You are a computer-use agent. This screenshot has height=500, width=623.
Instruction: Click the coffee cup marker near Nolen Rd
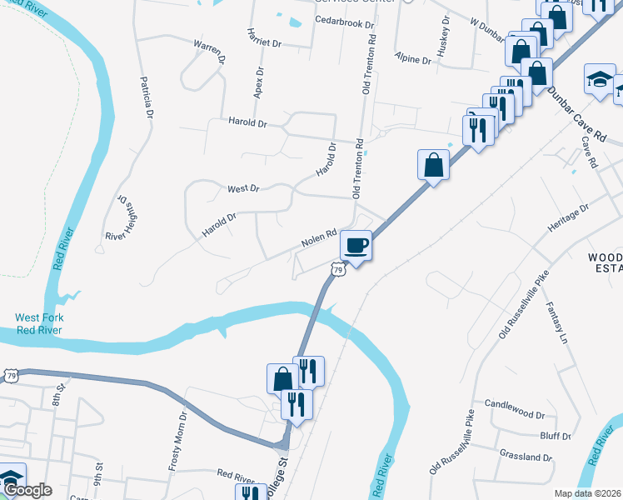(x=356, y=246)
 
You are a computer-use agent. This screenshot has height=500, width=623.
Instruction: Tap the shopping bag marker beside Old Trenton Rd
(x=434, y=165)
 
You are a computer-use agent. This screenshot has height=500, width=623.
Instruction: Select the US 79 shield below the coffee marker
(x=337, y=269)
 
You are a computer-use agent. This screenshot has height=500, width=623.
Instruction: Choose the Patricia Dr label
(x=148, y=97)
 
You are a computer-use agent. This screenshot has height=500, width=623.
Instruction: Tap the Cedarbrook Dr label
(x=344, y=23)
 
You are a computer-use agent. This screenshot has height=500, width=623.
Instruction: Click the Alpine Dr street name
(x=414, y=61)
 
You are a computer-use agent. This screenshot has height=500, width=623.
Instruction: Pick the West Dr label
(x=244, y=189)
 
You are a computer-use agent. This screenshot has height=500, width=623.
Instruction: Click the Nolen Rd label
(x=318, y=238)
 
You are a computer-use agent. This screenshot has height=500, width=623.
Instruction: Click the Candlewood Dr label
(x=514, y=414)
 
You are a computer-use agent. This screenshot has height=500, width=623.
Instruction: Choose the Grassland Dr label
(x=526, y=457)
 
